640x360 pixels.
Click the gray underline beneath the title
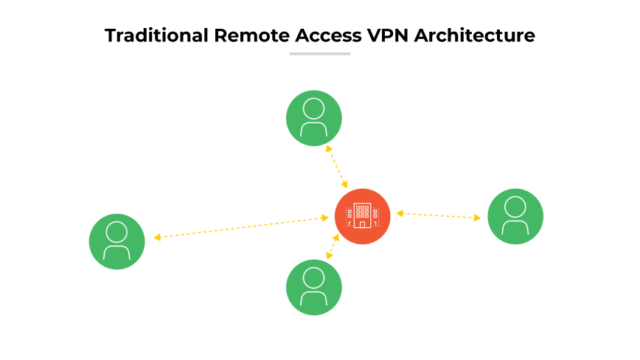pos(320,53)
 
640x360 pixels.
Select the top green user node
pos(314,118)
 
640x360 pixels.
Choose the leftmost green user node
pos(117,241)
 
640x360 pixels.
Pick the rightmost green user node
pos(515,216)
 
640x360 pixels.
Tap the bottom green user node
pos(314,287)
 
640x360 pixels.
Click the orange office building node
pos(362,216)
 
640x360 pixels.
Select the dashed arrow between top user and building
pos(337,167)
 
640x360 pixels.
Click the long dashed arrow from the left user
pos(241,227)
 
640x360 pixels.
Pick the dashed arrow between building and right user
pos(439,215)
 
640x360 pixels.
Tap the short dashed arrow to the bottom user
pos(333,246)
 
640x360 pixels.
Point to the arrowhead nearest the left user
pos(157,238)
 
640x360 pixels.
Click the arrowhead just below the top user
pos(328,148)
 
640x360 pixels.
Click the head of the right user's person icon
pos(515,206)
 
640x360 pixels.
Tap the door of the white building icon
pos(362,224)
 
